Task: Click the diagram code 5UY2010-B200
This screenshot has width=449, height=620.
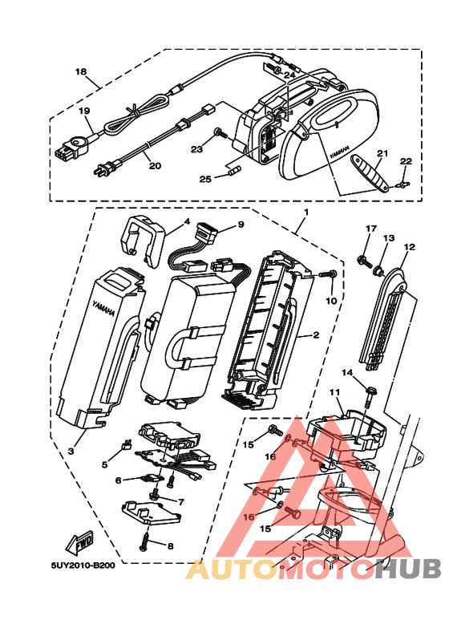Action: click(83, 565)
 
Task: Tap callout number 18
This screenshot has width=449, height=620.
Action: click(81, 71)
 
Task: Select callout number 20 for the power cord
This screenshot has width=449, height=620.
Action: click(155, 165)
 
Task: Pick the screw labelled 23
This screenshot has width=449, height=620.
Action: click(221, 133)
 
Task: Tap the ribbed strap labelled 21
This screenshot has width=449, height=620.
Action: click(370, 173)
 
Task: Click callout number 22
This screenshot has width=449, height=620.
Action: click(406, 161)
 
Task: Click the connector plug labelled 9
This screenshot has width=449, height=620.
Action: click(205, 233)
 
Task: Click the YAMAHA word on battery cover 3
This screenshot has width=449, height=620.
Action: click(103, 309)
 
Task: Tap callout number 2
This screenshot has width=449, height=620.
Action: click(316, 335)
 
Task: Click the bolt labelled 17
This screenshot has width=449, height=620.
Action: click(364, 261)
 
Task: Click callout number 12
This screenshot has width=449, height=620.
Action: click(410, 247)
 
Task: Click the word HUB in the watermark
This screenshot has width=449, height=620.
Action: click(408, 569)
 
